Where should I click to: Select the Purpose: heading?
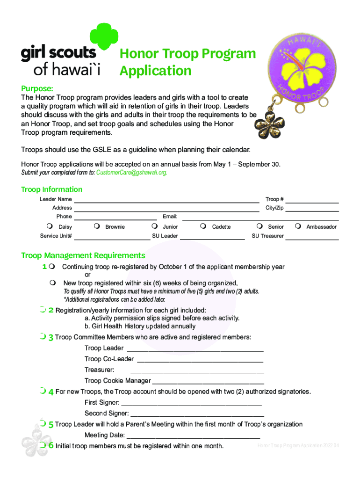[x=37, y=89]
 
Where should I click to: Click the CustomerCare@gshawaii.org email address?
[x=131, y=173]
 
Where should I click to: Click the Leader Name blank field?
[x=166, y=200]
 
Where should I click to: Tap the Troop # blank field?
[x=312, y=200]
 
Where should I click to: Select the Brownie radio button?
[x=96, y=227]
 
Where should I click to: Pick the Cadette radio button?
[x=203, y=227]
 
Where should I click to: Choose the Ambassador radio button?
[x=298, y=227]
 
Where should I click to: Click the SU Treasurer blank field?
[x=312, y=236]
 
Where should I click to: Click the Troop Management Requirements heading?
[x=83, y=255]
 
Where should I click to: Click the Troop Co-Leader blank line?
[x=200, y=359]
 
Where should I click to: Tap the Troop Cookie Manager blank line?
[x=208, y=381]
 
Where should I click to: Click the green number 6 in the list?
[x=51, y=445]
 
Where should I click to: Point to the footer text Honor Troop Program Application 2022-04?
[x=298, y=445]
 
